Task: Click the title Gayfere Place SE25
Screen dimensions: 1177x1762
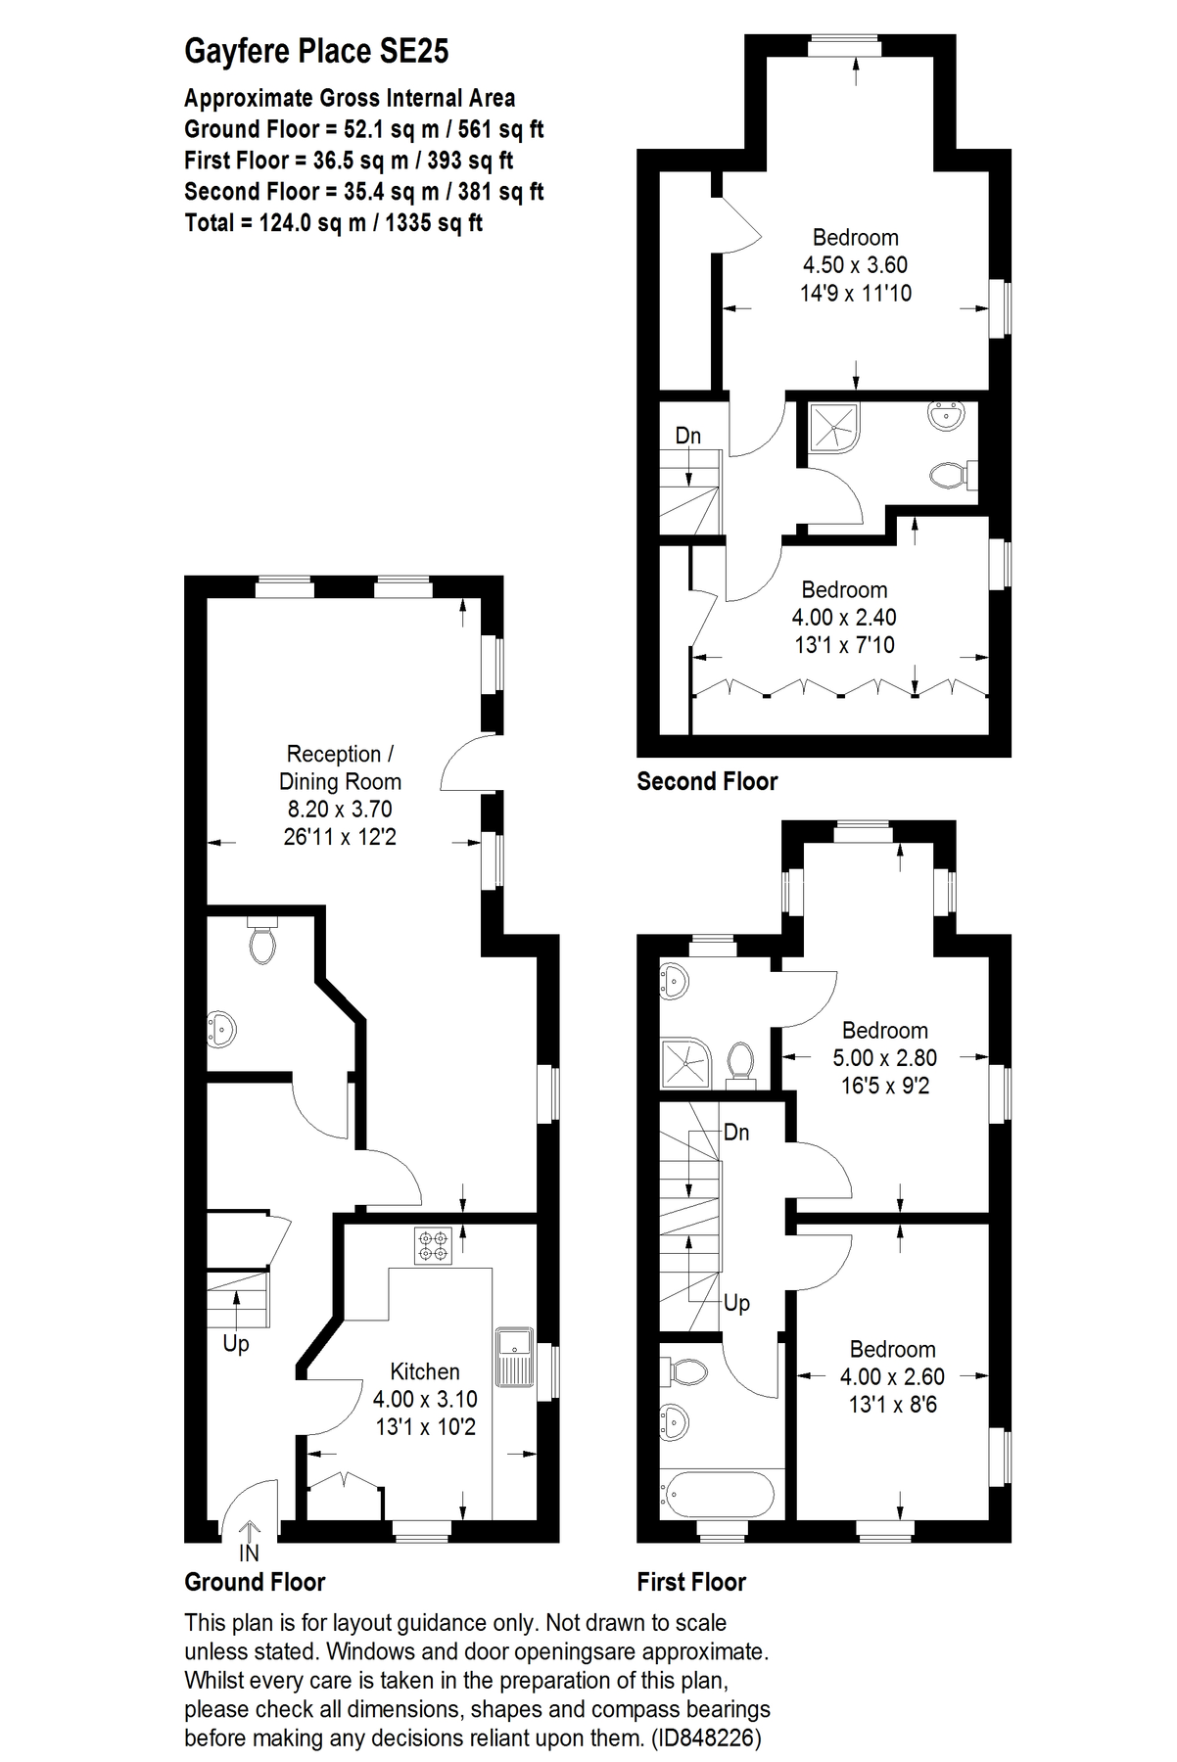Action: (316, 52)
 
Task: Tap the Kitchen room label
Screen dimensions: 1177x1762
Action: (425, 1371)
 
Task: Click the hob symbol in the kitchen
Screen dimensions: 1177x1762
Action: (432, 1245)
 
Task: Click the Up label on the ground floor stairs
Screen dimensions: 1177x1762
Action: (236, 1344)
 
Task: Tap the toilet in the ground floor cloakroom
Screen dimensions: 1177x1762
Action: (261, 941)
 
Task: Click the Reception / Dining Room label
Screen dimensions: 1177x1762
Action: (340, 767)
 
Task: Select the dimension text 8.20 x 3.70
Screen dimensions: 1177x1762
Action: (340, 810)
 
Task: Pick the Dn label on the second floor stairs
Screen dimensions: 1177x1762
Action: (688, 436)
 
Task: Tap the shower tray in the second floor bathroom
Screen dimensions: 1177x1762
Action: (834, 427)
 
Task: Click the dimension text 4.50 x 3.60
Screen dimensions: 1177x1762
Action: (856, 264)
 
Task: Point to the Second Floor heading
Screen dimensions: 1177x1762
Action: (707, 781)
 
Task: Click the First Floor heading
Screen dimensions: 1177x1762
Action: (691, 1582)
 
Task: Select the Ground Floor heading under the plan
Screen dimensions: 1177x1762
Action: (255, 1582)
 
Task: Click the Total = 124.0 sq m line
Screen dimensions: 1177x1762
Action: (334, 222)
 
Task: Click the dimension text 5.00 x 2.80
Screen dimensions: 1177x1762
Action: (885, 1057)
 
